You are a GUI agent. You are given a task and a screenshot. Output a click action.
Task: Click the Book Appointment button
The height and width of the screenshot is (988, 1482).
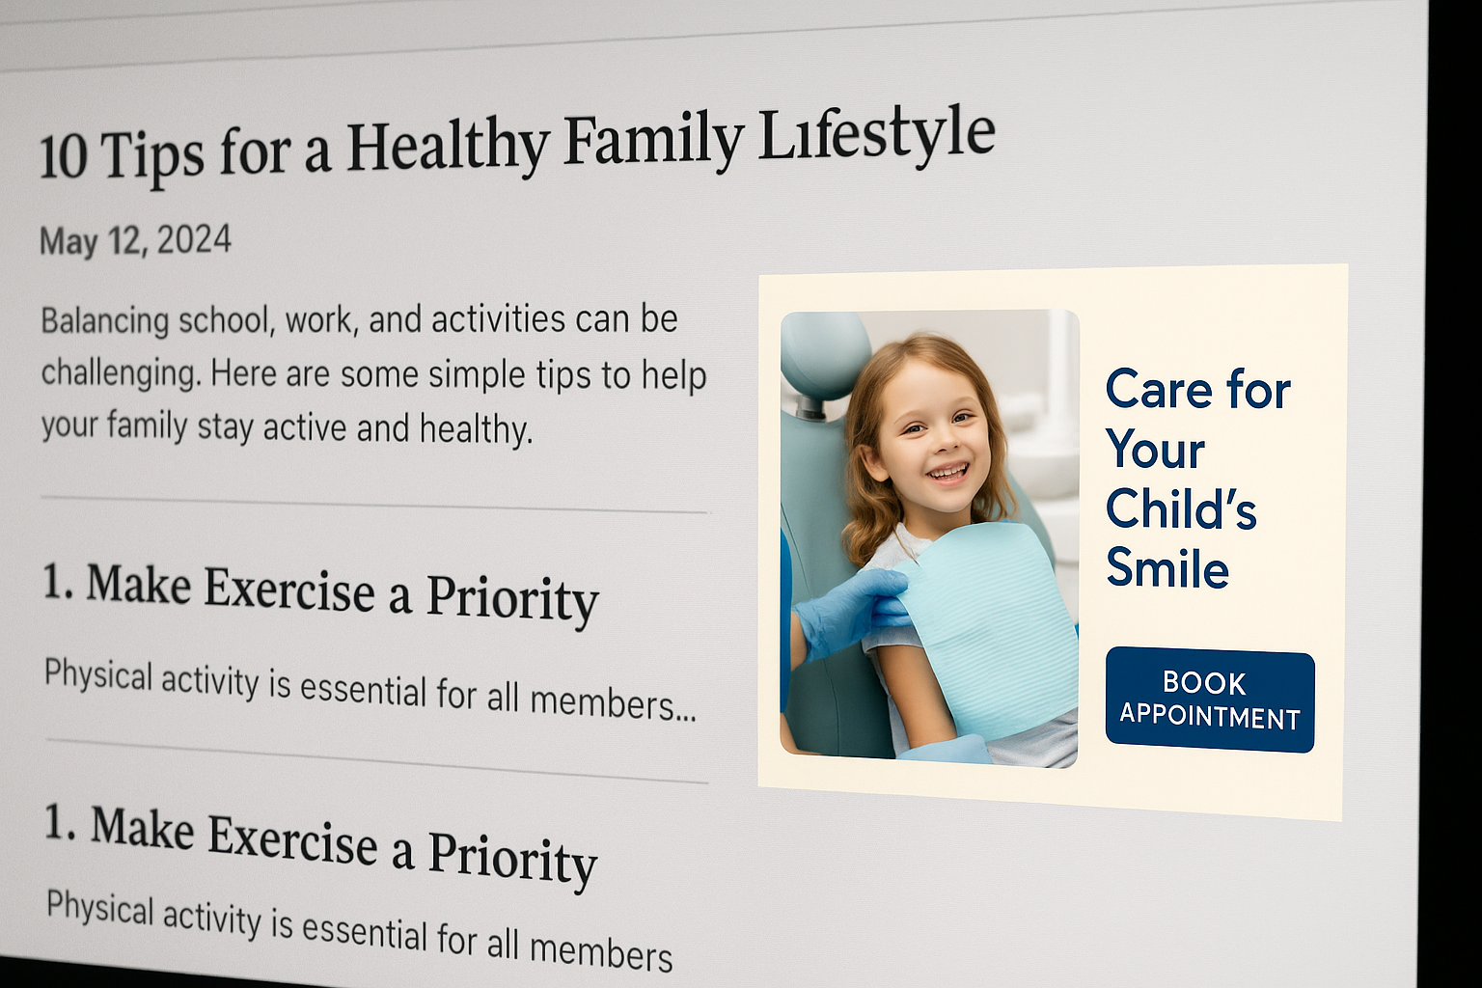(x=1209, y=700)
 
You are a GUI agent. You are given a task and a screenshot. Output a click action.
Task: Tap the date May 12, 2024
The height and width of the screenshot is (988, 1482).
(x=136, y=240)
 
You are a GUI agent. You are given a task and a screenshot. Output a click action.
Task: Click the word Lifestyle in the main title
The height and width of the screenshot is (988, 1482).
(x=876, y=137)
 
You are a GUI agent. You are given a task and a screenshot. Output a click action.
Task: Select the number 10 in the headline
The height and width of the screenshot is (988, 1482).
(x=64, y=158)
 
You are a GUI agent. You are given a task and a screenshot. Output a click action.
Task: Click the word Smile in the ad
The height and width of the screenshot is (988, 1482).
(x=1167, y=567)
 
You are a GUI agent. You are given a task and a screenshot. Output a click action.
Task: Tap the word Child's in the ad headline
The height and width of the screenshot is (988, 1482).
(x=1181, y=508)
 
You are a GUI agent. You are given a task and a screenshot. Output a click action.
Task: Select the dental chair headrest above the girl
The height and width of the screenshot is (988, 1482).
(x=826, y=357)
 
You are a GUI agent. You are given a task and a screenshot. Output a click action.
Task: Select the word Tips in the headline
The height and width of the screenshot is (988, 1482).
(x=153, y=157)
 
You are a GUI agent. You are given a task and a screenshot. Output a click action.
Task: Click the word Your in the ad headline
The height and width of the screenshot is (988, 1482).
(x=1155, y=450)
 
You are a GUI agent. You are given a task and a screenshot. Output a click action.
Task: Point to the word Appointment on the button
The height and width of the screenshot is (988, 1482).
(x=1209, y=717)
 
